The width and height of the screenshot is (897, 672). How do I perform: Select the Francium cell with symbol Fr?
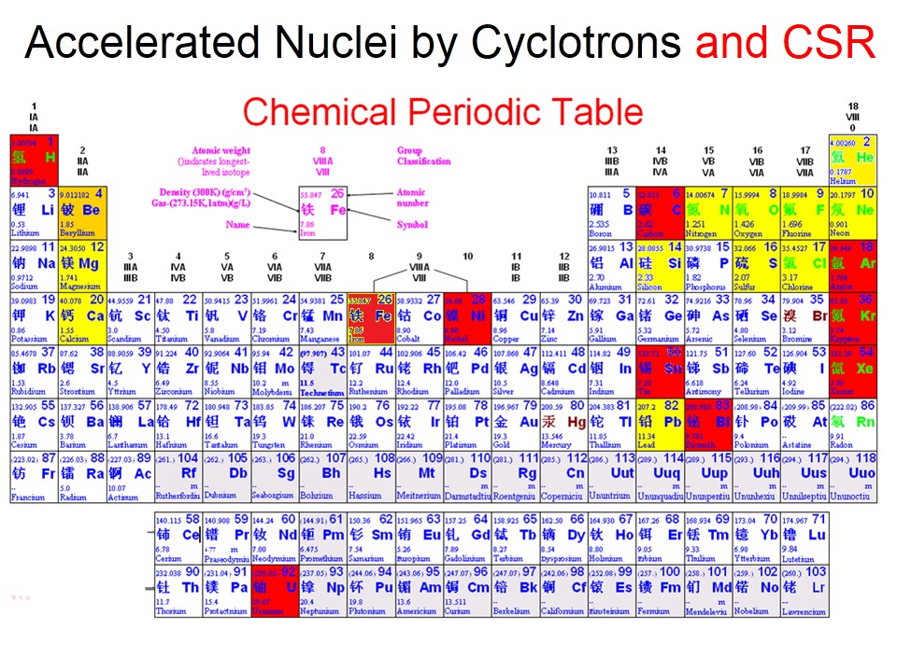coord(33,474)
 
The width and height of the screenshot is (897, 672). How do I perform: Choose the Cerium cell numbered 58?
coord(177,534)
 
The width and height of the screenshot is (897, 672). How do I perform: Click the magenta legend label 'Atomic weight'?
coord(221,150)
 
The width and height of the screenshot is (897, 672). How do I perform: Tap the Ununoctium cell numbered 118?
coord(851,474)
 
